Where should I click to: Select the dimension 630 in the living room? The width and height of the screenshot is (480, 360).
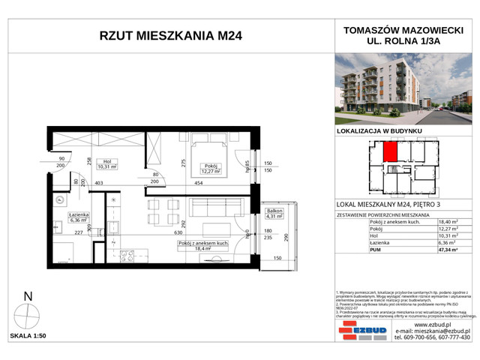pyautogui.click(x=179, y=232)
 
